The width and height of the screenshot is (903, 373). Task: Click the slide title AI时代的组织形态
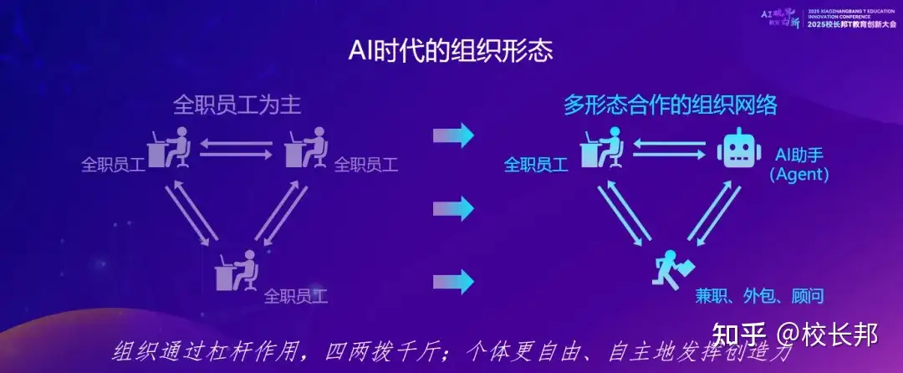tap(451, 51)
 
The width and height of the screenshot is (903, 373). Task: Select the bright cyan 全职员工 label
tap(535, 165)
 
